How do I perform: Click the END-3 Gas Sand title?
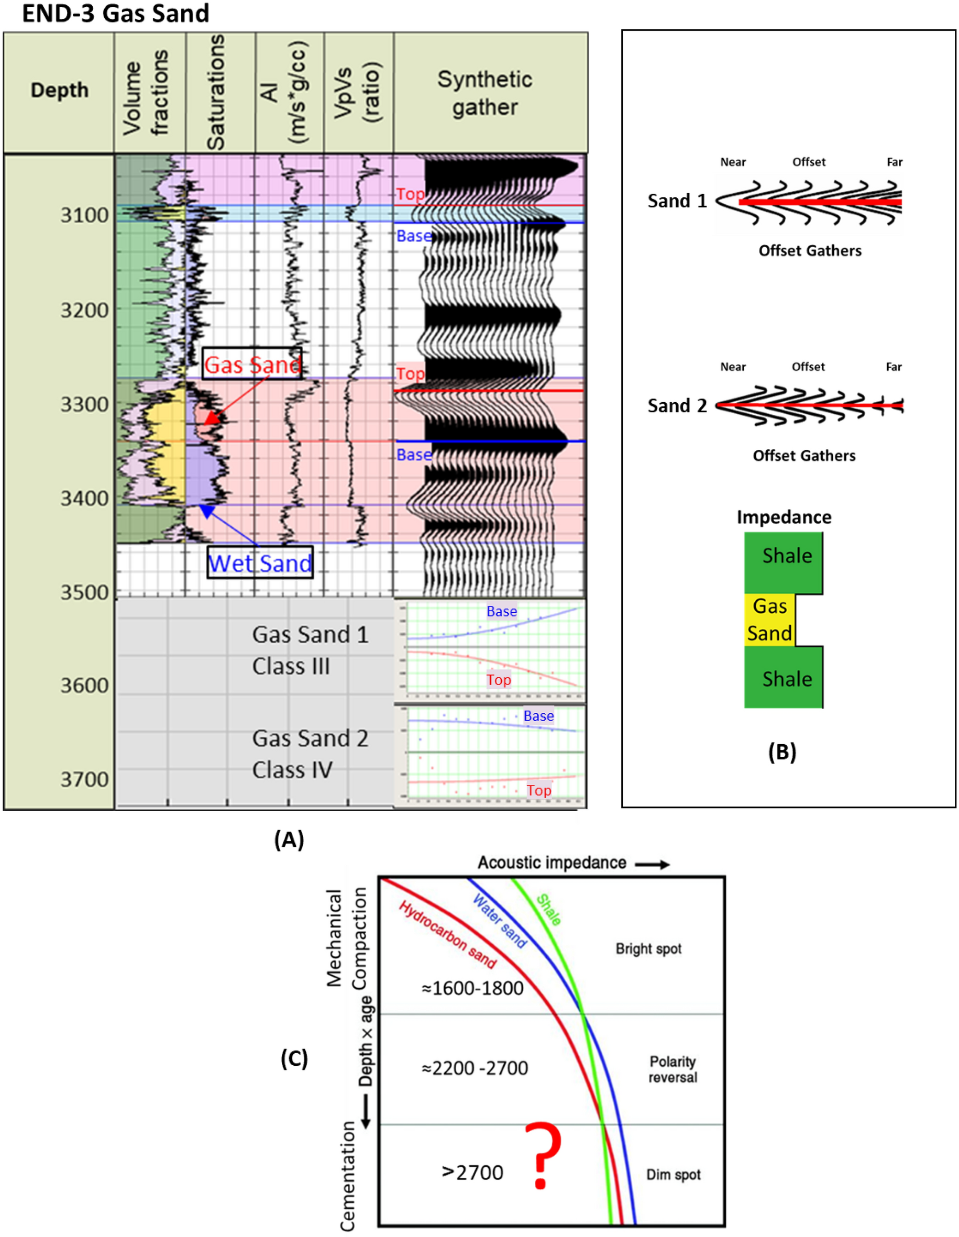point(115,13)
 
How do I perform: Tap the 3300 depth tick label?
point(84,404)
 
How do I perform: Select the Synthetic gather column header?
point(485,93)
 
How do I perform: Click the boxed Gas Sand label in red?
point(252,364)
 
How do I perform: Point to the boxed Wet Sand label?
point(260,562)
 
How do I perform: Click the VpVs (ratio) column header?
point(358,93)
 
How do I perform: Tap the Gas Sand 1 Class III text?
point(310,650)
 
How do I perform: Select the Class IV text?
point(292,770)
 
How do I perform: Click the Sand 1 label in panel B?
point(677,201)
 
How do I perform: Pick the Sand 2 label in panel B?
point(677,405)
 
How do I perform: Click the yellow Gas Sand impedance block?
point(769,620)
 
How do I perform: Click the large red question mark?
point(543,1155)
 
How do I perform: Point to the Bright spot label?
point(648,949)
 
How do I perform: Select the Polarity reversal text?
point(673,1069)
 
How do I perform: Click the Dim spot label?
point(673,1175)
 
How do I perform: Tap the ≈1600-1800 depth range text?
point(472,988)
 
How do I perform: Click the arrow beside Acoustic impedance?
point(652,865)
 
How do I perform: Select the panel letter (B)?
point(781,752)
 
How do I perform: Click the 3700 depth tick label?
point(84,779)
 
